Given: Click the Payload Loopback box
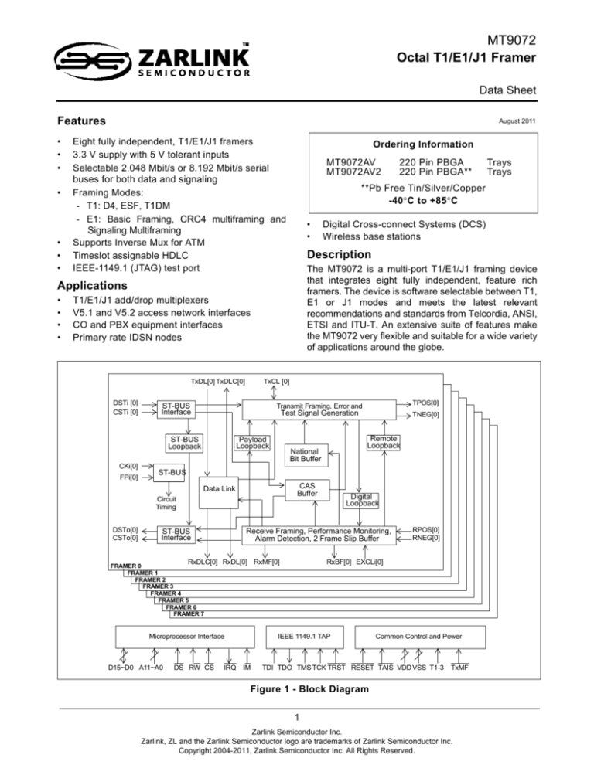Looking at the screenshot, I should tap(252, 442).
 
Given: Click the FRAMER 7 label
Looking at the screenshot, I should tap(189, 614).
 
